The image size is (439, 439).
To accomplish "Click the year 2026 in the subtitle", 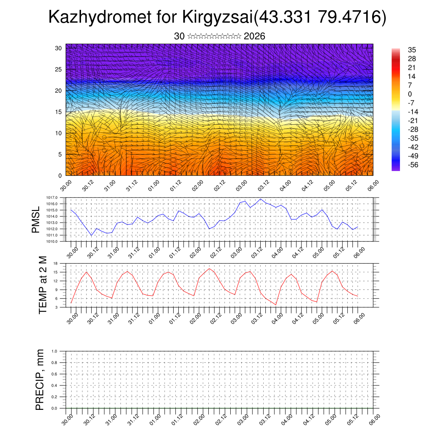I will coord(254,36).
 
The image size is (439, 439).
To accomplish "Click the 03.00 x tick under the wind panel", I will coord(241,185).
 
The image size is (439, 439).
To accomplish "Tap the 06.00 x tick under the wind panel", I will coord(373,185).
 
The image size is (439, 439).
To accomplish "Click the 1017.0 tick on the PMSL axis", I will coord(57,197).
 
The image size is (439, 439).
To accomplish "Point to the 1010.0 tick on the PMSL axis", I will coord(57,242).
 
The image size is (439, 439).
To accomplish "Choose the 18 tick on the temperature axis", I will coord(56,263).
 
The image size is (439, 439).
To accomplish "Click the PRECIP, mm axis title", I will coord(40,379).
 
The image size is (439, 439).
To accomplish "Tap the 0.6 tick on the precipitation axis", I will coord(54,374).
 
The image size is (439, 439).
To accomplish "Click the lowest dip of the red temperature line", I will coord(276,305).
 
